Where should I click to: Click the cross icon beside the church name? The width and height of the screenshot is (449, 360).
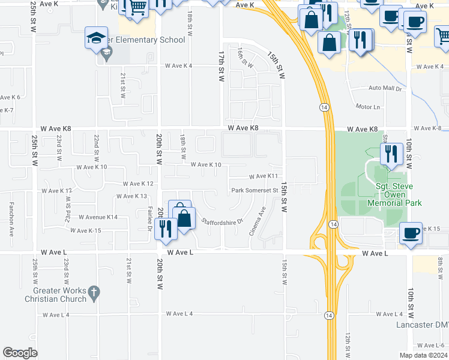pos(92,292)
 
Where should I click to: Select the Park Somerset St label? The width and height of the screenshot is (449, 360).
pos(256,191)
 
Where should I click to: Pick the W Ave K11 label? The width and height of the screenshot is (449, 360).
pos(264,176)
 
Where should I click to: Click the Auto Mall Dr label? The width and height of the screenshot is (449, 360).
pos(384,88)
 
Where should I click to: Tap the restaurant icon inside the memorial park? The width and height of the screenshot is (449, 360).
pos(391,154)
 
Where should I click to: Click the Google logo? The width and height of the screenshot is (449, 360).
pos(20,353)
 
